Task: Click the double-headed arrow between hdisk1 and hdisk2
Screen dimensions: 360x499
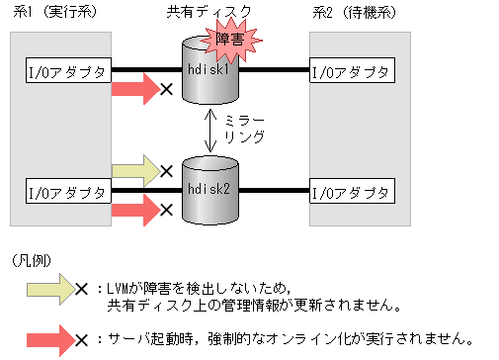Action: pos(209,131)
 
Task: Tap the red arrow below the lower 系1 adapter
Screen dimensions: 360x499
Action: pos(134,208)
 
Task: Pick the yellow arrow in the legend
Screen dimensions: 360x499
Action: pos(48,290)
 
